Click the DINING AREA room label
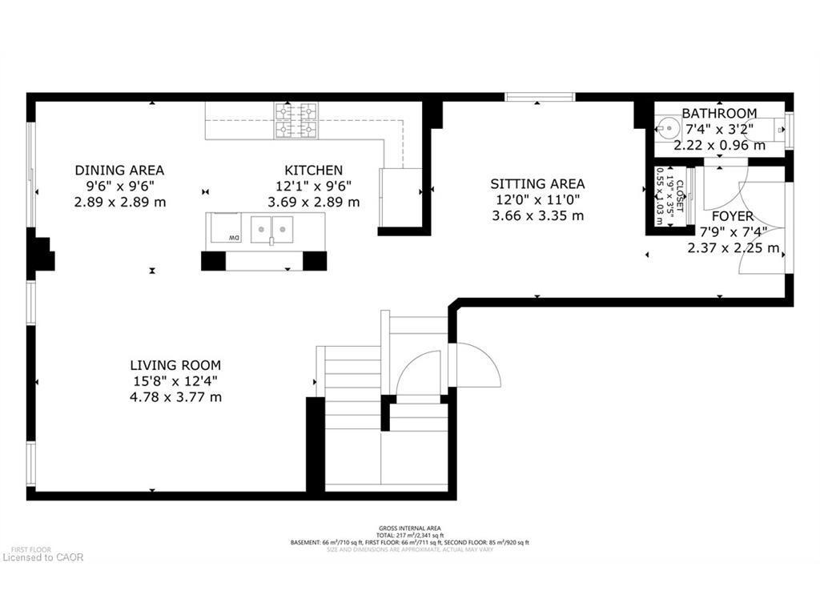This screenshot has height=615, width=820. tap(119, 170)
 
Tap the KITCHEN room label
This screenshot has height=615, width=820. tap(314, 170)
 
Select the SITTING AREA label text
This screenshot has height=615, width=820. tap(537, 183)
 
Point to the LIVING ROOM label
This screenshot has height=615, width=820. tap(177, 365)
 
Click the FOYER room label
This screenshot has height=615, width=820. tap(732, 216)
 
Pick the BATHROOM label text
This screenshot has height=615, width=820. tap(719, 114)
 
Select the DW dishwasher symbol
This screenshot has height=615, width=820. tap(233, 238)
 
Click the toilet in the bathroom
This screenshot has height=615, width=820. tap(777, 129)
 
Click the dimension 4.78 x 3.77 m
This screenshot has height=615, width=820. tap(177, 397)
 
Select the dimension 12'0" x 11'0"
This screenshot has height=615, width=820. tap(537, 199)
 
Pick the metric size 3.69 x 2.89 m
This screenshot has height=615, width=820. tap(314, 202)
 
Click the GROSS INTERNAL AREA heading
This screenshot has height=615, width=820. tap(409, 529)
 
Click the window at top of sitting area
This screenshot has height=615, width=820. tap(540, 97)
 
